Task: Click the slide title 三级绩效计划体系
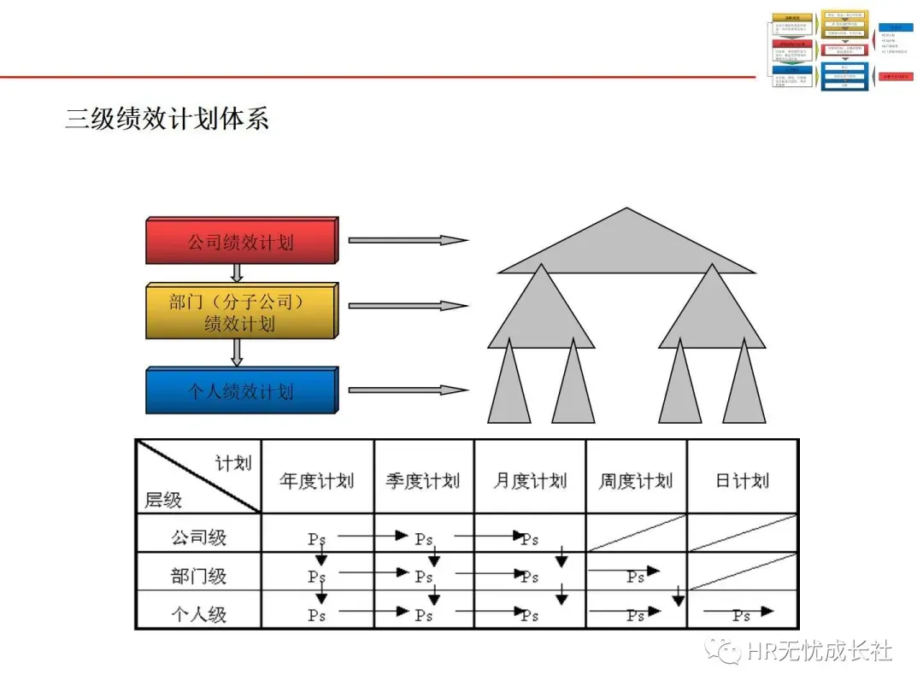168,118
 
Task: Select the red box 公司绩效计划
241,241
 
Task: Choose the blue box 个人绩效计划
241,391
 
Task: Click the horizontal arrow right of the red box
408,240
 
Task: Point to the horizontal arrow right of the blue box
408,390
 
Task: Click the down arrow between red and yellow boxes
238,273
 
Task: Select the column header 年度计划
316,481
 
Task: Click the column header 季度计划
422,481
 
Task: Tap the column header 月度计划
529,481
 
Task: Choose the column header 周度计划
635,481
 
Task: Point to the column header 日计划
742,481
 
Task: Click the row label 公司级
198,537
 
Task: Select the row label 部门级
198,575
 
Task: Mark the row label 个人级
198,613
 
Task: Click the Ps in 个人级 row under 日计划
741,615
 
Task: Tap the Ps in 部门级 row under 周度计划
635,577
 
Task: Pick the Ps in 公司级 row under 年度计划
317,539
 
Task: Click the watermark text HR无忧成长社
818,652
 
